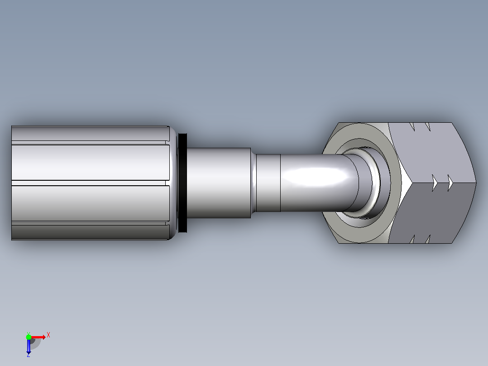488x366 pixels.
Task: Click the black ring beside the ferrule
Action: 183,183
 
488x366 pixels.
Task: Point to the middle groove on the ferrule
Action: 90,183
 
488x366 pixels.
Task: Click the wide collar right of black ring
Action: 219,183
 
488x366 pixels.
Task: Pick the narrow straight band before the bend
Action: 268,183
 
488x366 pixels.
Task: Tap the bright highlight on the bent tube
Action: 316,177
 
